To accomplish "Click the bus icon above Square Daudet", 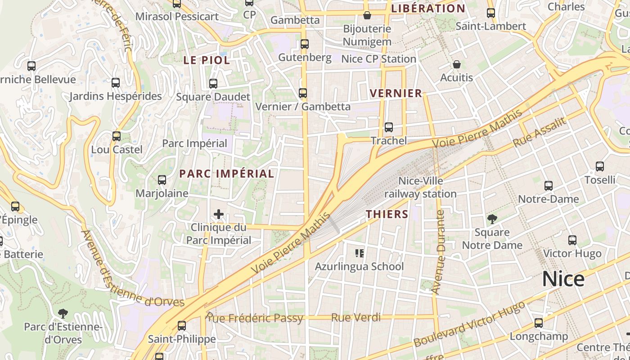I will point(213,84).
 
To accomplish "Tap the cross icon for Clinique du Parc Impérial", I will point(219,214).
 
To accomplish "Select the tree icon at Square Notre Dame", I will point(492,220).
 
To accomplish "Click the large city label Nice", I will point(563,279).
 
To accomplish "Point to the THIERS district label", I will point(387,214).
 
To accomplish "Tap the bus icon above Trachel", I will point(389,127).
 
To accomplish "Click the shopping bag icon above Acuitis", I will point(457,65).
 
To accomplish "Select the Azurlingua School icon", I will point(359,253).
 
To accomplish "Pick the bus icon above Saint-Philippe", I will point(182,325).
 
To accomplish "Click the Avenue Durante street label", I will point(440,252).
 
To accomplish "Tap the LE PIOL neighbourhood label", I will point(207,60).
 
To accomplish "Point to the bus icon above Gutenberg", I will point(305,44).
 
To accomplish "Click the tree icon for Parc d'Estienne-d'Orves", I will point(63,313).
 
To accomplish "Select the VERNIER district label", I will point(396,93).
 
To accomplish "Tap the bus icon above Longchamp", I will point(539,323).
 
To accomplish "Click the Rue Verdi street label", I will point(356,318).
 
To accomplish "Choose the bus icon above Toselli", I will point(600,166).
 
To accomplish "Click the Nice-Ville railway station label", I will point(420,188).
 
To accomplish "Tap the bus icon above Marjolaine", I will point(162,180).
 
